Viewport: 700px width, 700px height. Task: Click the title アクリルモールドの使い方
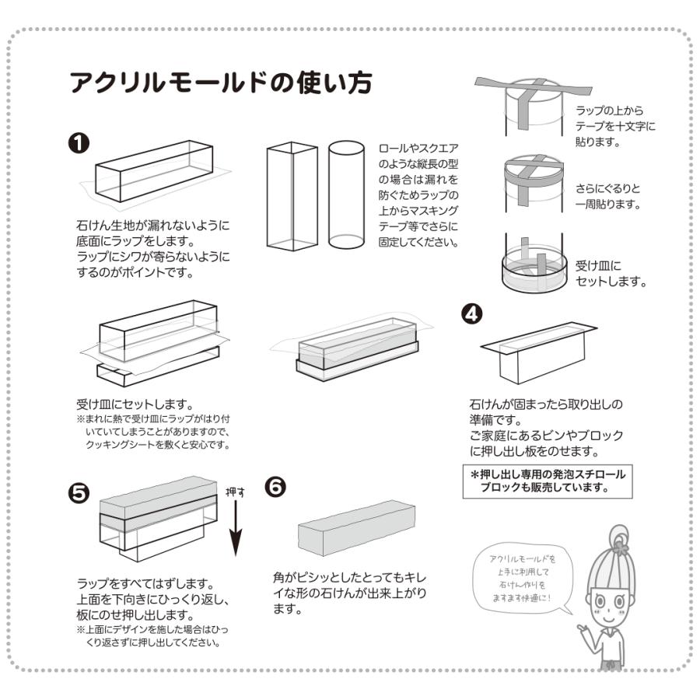[x=220, y=82]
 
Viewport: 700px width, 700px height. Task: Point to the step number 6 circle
[x=276, y=485]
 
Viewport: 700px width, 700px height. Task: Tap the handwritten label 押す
[x=235, y=492]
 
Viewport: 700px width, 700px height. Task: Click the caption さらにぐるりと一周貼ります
[x=608, y=197]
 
